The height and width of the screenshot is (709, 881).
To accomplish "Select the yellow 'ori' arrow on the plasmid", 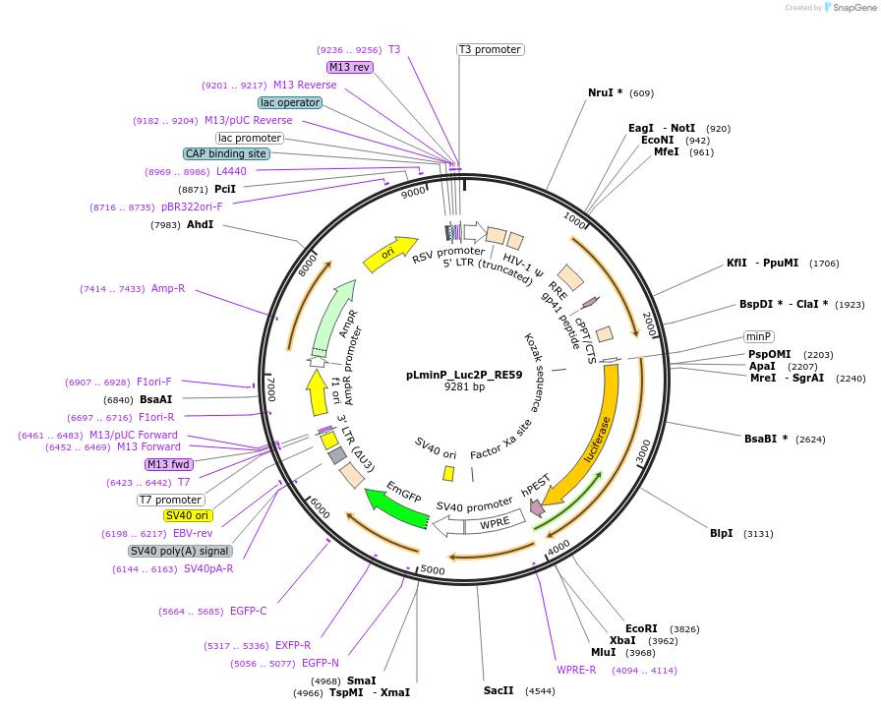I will (389, 253).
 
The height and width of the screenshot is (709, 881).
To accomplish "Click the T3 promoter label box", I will (490, 49).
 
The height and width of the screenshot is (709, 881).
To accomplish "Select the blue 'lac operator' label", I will (290, 102).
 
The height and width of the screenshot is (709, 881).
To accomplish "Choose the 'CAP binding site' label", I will (226, 153).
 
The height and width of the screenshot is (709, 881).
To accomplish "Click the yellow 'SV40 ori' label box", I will (189, 515).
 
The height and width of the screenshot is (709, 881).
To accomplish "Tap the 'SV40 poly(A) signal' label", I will (181, 551).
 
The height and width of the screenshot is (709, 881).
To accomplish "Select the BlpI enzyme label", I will (722, 533).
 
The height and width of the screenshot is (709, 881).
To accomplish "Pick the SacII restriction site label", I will (499, 690).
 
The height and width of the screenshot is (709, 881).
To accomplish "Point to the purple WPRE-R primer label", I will (576, 670).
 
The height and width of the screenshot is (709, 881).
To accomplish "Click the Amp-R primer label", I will (168, 288).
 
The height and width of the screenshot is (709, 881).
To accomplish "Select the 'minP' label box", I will (758, 336).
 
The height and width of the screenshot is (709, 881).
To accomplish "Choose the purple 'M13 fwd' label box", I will (169, 464).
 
